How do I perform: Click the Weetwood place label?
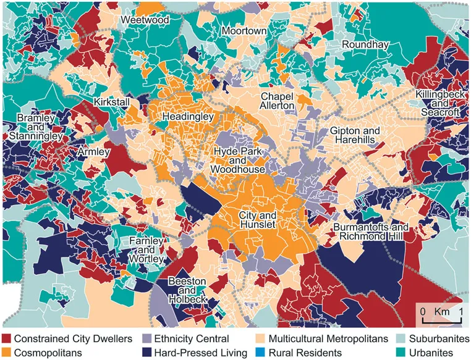pyautogui.click(x=145, y=20)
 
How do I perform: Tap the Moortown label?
pyautogui.click(x=245, y=31)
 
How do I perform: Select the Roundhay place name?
pyautogui.click(x=363, y=45)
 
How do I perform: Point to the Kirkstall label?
pyautogui.click(x=114, y=101)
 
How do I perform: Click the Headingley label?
pyautogui.click(x=188, y=116)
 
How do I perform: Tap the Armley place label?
pyautogui.click(x=94, y=151)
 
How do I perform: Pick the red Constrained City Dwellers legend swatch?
pyautogui.click(x=7, y=339)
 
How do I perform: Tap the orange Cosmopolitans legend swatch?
pyautogui.click(x=7, y=353)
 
